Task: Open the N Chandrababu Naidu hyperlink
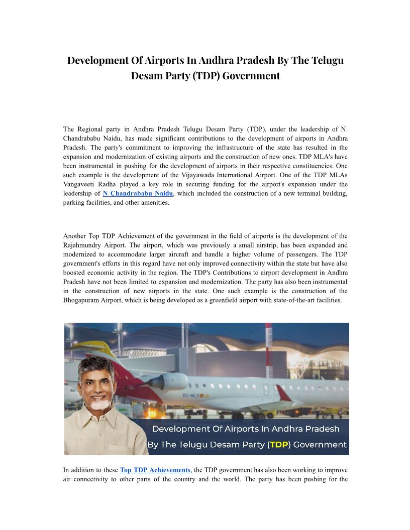point(138,193)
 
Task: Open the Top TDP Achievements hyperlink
point(155,470)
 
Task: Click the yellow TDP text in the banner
point(279,445)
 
